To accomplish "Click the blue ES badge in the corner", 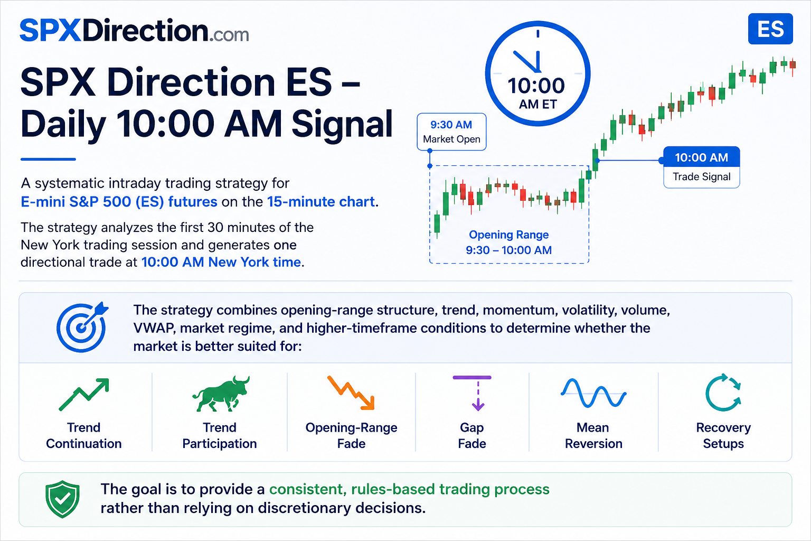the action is [770, 29].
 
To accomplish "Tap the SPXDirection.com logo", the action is [134, 31].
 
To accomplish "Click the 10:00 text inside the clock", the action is [536, 86].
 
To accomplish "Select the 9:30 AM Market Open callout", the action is [451, 132].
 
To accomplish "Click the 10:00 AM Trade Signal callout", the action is [701, 167].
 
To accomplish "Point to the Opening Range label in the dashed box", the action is [508, 242].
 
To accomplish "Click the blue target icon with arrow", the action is [82, 327].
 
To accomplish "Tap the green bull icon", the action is [221, 394].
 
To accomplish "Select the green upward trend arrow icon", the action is [84, 394].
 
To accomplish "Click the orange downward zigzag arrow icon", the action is [351, 393].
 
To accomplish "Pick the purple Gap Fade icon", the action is [472, 393].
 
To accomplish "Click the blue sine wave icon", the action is [593, 393].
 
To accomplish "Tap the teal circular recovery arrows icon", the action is [723, 393].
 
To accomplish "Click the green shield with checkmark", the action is [62, 499].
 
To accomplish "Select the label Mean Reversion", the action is [593, 435].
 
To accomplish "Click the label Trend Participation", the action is [220, 435].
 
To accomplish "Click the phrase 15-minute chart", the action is [321, 201].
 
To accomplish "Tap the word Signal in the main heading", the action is [342, 124].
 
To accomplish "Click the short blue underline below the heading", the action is [48, 159].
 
